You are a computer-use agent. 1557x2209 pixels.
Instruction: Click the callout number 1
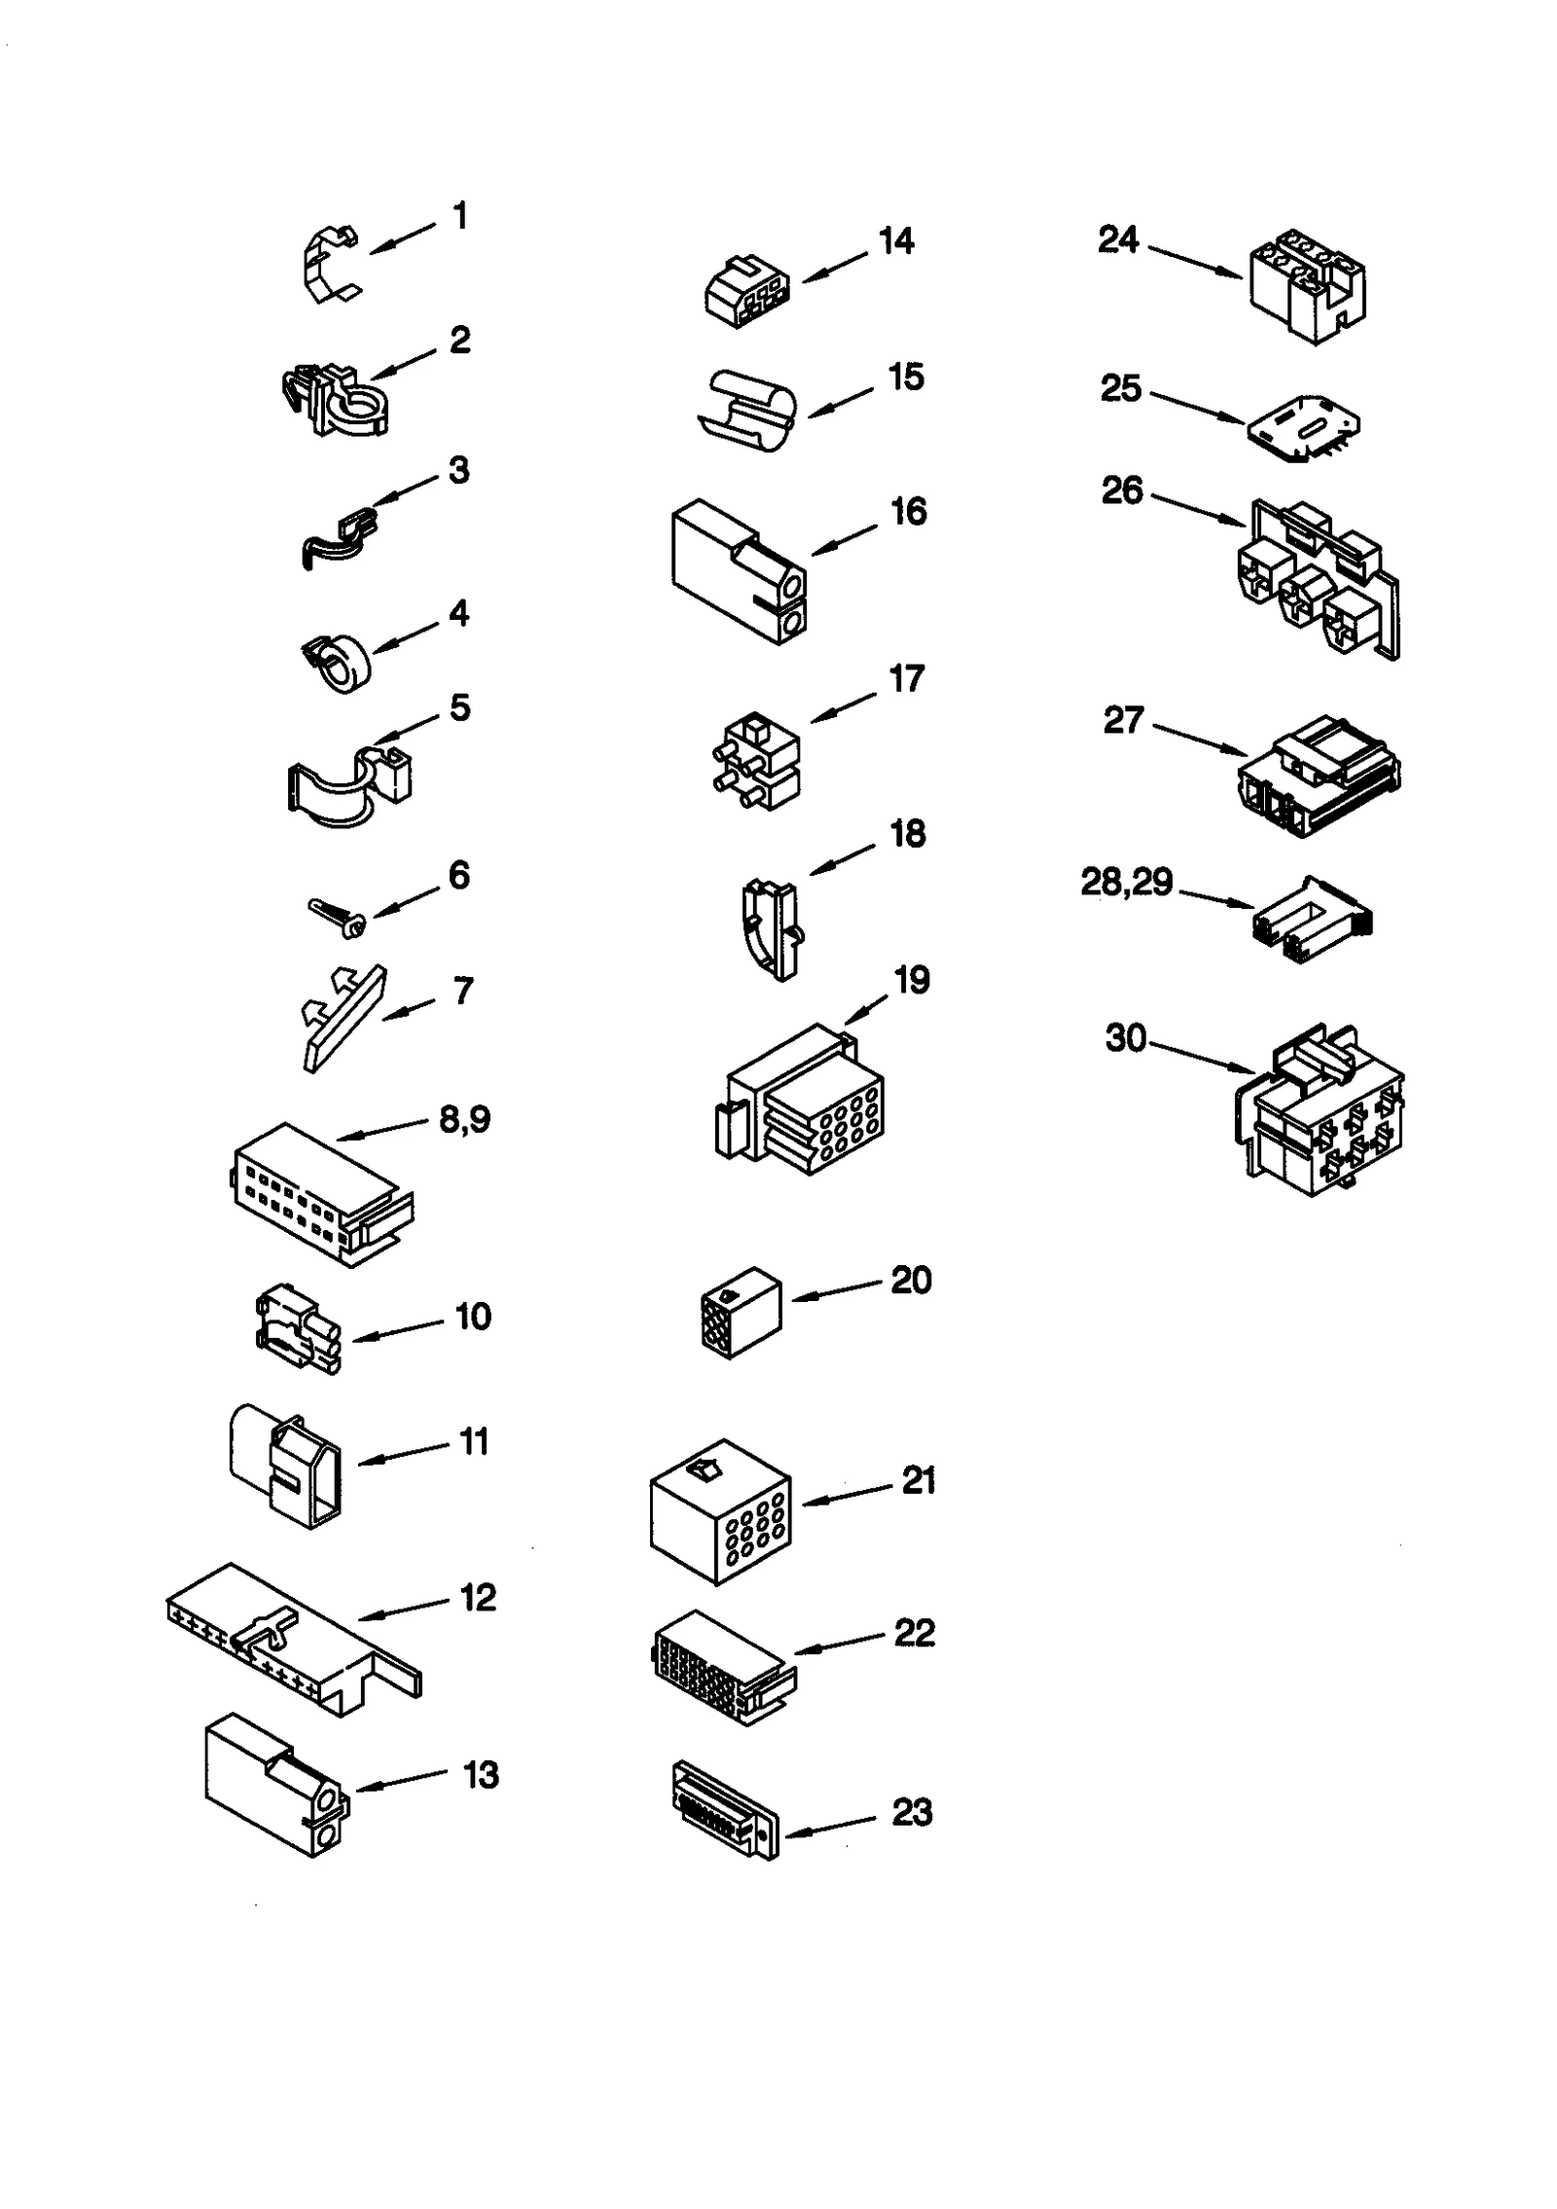[460, 216]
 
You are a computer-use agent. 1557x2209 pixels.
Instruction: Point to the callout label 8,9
[464, 1120]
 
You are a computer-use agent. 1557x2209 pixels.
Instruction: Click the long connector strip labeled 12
[292, 1640]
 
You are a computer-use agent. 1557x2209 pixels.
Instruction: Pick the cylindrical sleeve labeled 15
[747, 411]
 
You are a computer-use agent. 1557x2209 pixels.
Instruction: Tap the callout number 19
[912, 981]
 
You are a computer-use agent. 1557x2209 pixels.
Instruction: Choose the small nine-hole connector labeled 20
[741, 1311]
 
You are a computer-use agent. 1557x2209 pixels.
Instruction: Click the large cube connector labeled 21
[720, 1511]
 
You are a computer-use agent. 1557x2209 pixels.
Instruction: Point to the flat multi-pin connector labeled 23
[725, 1812]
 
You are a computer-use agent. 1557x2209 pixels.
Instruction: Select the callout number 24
[1117, 239]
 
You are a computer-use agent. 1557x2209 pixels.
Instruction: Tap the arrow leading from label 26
[1199, 511]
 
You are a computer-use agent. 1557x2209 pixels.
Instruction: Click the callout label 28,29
[1126, 883]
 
